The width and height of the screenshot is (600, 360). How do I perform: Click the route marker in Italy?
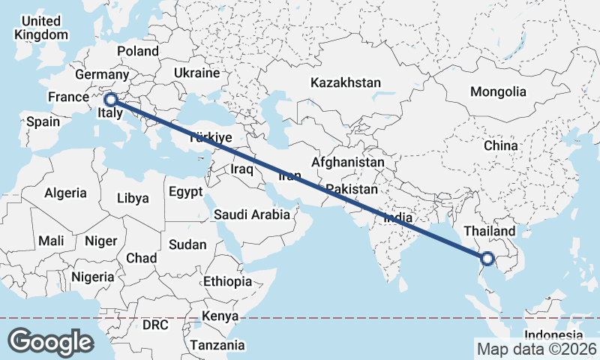(110, 99)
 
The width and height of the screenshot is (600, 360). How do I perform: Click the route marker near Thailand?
(487, 259)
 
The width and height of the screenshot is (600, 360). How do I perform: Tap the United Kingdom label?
(41, 27)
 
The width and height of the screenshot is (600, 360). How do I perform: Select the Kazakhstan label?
(346, 82)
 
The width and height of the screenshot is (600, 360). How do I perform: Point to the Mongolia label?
(498, 91)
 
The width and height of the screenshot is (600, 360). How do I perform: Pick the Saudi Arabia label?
(251, 214)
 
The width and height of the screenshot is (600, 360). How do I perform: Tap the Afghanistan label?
(348, 162)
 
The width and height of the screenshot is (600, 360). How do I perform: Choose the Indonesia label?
(553, 334)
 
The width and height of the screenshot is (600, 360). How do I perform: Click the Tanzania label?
(217, 345)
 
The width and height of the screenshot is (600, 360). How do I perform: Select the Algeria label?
(65, 193)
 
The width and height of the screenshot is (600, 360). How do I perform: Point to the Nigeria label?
(92, 277)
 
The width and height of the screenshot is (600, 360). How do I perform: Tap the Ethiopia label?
(227, 282)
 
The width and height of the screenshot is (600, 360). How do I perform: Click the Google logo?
(50, 341)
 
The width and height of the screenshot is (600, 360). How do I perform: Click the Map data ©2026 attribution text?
(536, 349)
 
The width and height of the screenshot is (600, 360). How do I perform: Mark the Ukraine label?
(196, 73)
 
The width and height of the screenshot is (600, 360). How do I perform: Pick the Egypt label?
(185, 192)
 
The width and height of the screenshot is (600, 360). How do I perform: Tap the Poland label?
(137, 51)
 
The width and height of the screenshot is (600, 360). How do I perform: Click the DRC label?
(155, 325)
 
